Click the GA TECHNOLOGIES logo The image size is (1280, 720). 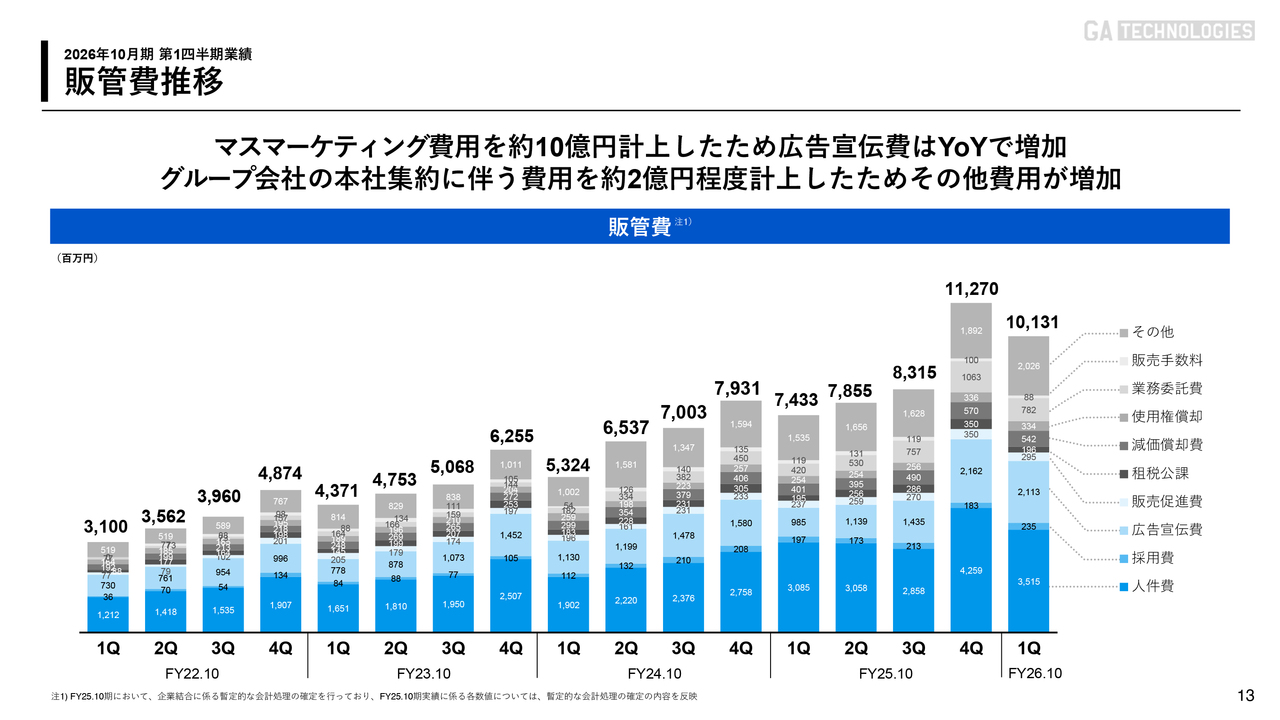(x=1169, y=31)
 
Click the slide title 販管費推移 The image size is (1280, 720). (x=144, y=81)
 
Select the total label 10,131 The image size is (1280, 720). (x=1030, y=324)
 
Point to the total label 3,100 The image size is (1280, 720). (x=105, y=525)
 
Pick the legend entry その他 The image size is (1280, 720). (x=1153, y=332)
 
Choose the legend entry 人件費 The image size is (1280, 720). (x=1153, y=586)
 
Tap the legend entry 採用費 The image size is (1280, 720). (x=1153, y=558)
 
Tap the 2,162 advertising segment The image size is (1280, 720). (x=972, y=471)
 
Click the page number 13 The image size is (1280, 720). (x=1245, y=696)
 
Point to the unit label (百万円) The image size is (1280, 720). (x=77, y=257)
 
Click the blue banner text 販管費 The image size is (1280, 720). (x=640, y=226)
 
